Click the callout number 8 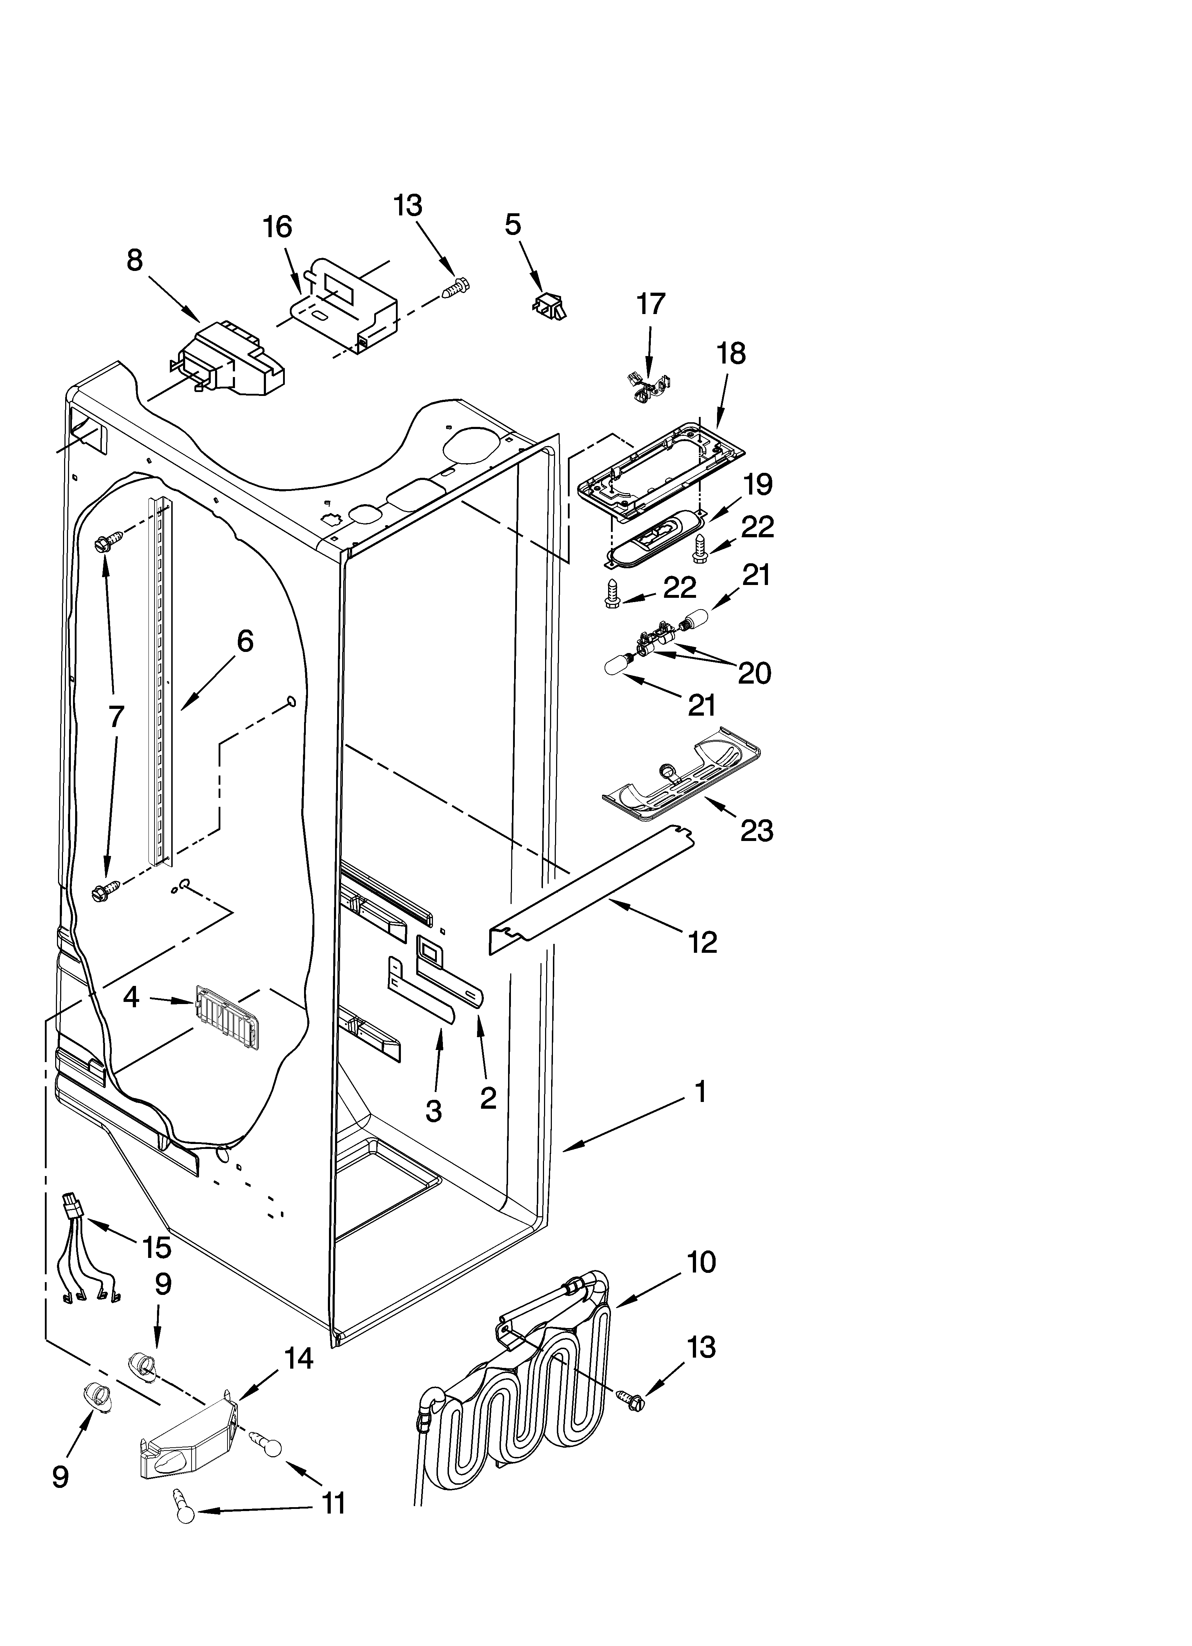pos(135,260)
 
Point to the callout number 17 pos(650,304)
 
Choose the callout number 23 pos(757,830)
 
